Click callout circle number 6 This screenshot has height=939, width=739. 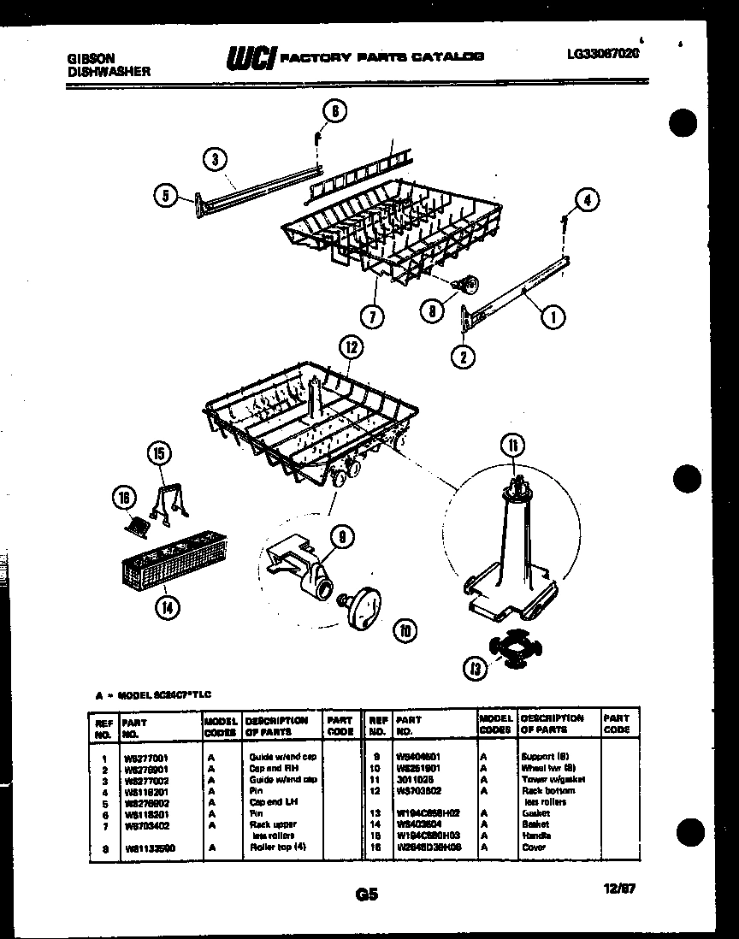(334, 111)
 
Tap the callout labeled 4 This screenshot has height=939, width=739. (586, 200)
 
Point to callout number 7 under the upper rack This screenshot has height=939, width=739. (371, 316)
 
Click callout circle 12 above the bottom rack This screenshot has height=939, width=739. (351, 347)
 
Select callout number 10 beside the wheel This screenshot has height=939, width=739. (405, 631)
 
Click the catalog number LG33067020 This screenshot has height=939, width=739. (603, 53)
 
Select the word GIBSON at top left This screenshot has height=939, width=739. (92, 59)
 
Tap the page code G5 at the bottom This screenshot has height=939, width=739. (366, 895)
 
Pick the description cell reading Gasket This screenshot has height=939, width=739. (535, 813)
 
